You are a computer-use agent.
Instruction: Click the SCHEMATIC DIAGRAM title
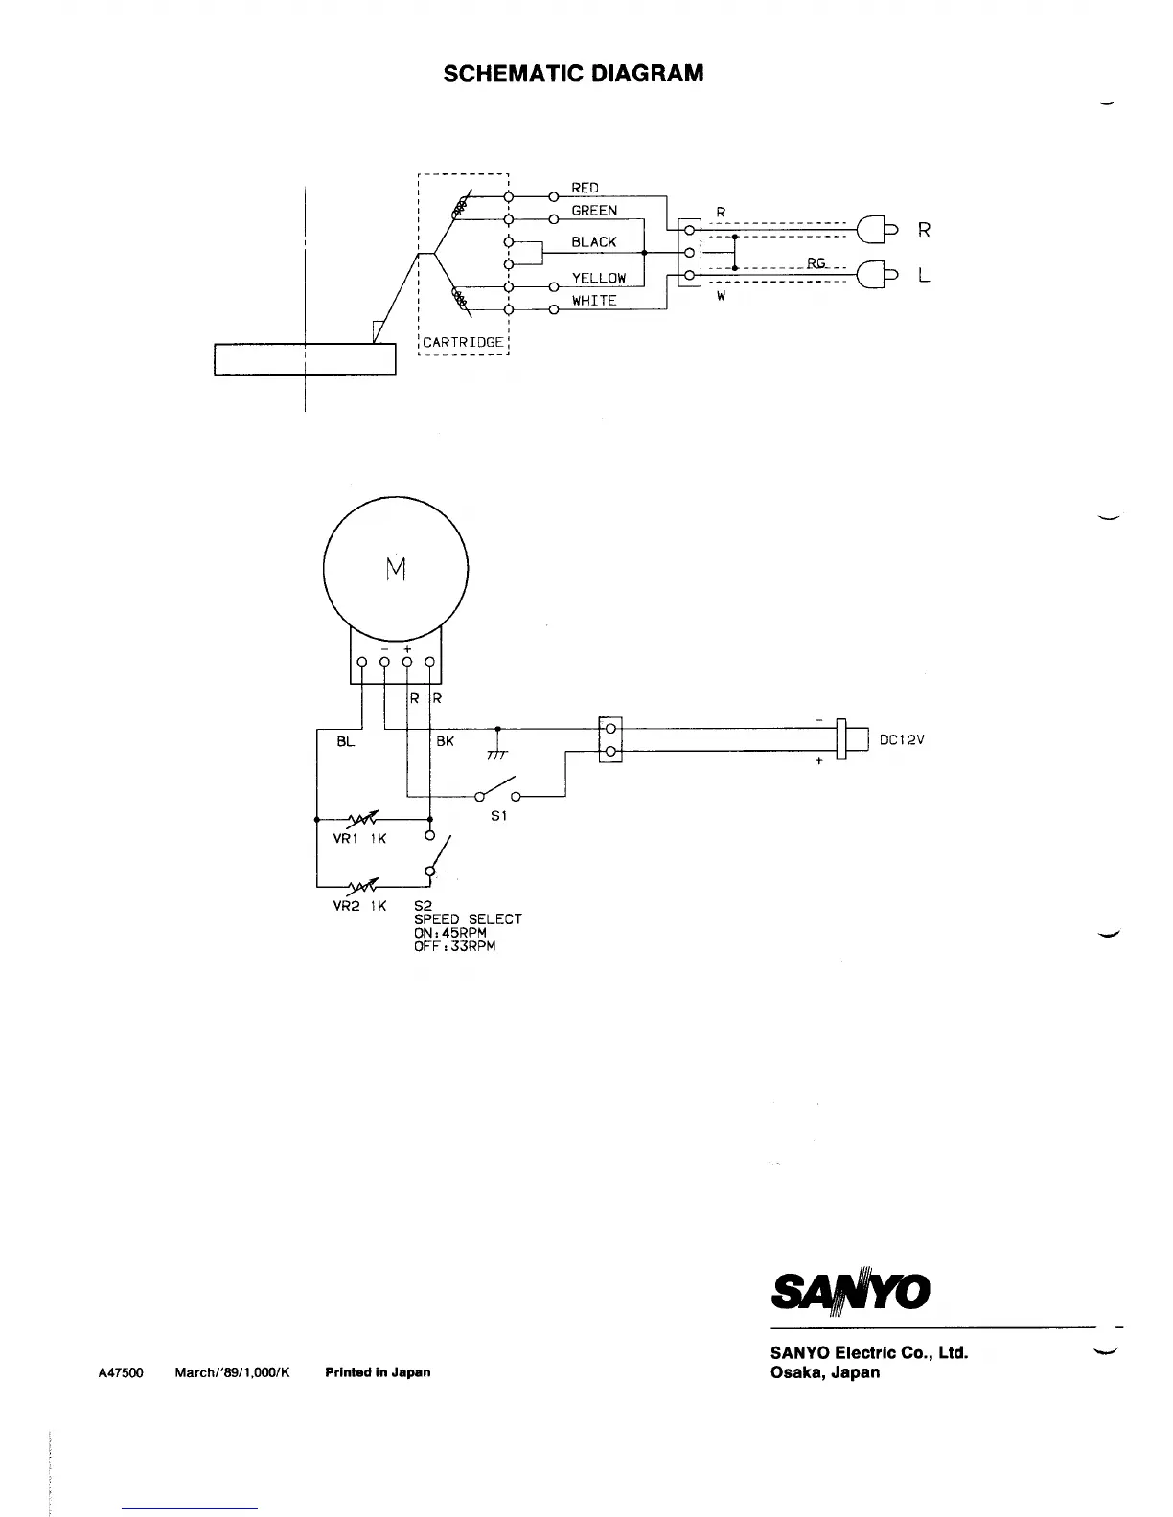(573, 74)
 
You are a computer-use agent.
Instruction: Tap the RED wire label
(585, 189)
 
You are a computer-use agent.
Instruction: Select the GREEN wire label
(594, 211)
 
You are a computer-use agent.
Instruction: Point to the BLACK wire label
(594, 242)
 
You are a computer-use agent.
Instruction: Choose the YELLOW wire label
(599, 279)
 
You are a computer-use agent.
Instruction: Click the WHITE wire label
(594, 301)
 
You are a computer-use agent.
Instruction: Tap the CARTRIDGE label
(463, 342)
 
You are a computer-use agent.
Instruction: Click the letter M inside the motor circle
(396, 569)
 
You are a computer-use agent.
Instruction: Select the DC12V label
(902, 740)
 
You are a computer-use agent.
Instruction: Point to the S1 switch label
(498, 816)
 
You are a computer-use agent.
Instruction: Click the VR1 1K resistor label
(359, 839)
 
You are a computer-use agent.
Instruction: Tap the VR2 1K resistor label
(359, 906)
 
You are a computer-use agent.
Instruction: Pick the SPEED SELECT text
(468, 919)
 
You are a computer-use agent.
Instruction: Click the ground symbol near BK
(496, 753)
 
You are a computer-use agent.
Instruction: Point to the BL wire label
(345, 741)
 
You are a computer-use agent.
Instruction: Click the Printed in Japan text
(378, 1372)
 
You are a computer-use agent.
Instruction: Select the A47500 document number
(121, 1372)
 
